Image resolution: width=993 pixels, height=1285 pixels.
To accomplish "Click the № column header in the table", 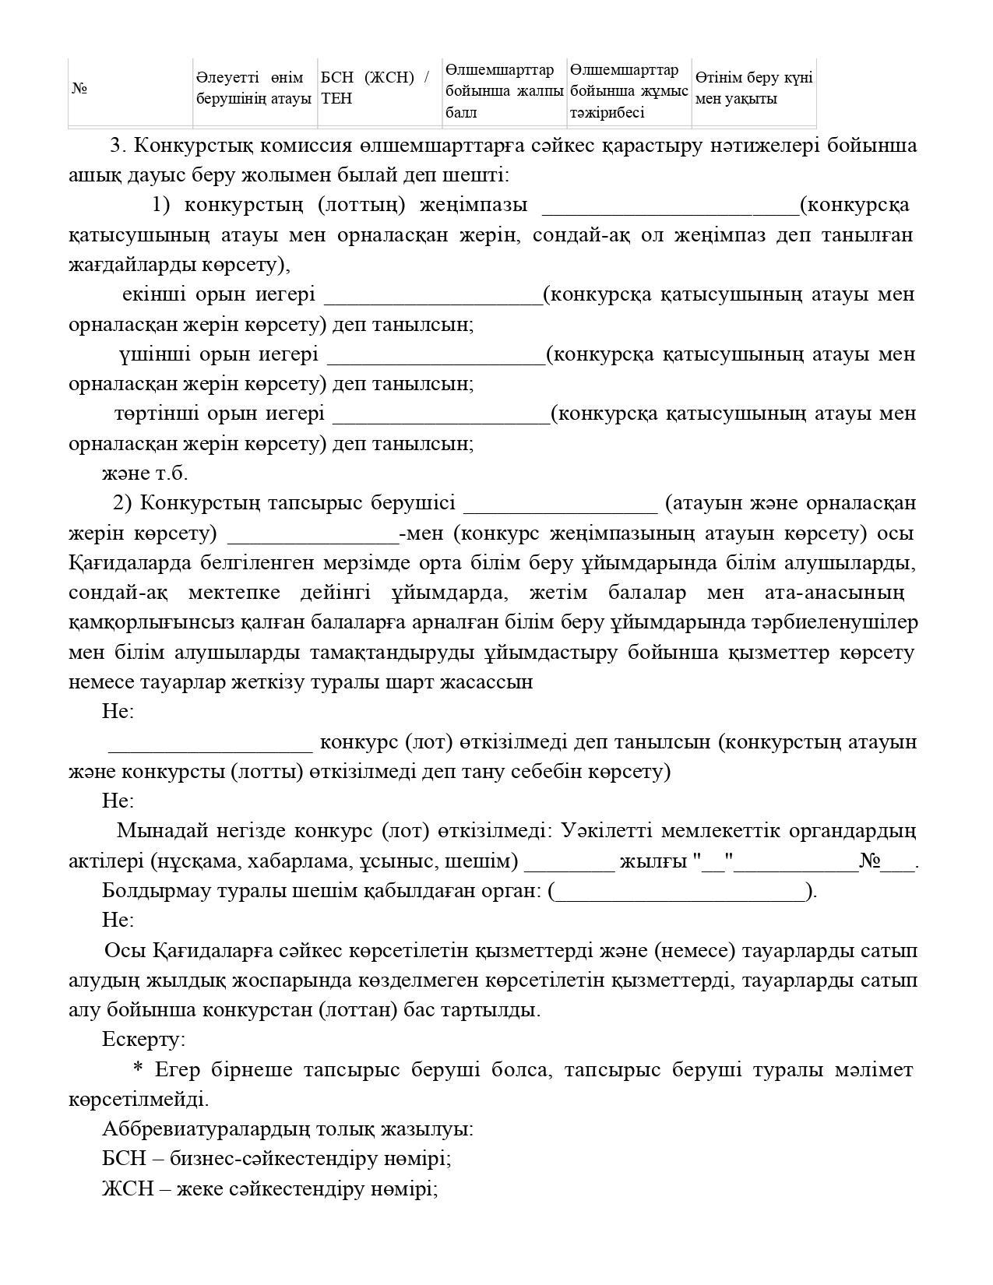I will pyautogui.click(x=79, y=89).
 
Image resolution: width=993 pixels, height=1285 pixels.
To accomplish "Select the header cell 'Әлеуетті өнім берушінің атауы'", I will pyautogui.click(x=254, y=88).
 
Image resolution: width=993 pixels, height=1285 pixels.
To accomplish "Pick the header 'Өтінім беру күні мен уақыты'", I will pyautogui.click(x=753, y=88).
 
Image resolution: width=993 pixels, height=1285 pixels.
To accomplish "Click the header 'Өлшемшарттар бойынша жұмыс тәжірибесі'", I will pyautogui.click(x=629, y=91).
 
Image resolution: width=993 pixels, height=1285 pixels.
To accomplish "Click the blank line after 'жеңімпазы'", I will pyautogui.click(x=670, y=207).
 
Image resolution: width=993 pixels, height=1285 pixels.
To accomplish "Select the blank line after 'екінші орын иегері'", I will pyautogui.click(x=433, y=297).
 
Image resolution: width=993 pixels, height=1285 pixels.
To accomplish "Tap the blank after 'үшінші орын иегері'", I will pyautogui.click(x=436, y=356).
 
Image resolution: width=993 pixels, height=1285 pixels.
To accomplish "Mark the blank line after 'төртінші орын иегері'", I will pyautogui.click(x=441, y=415).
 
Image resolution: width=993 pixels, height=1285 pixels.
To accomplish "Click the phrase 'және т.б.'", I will pyautogui.click(x=145, y=474).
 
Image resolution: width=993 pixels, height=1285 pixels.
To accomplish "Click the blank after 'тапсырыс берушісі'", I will pyautogui.click(x=561, y=505).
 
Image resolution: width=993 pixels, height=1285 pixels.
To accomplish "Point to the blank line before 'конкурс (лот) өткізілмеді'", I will pyautogui.click(x=210, y=743).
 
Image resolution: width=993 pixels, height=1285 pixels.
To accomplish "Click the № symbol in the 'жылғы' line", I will pyautogui.click(x=869, y=861).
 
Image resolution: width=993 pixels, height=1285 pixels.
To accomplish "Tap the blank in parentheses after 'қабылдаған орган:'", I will pyautogui.click(x=682, y=892).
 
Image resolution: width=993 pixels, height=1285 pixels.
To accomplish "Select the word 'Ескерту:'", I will pyautogui.click(x=144, y=1040).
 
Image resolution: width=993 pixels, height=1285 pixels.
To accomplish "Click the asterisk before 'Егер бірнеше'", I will pyautogui.click(x=139, y=1068).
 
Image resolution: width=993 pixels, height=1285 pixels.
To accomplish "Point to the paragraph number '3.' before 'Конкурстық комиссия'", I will pyautogui.click(x=118, y=146).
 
